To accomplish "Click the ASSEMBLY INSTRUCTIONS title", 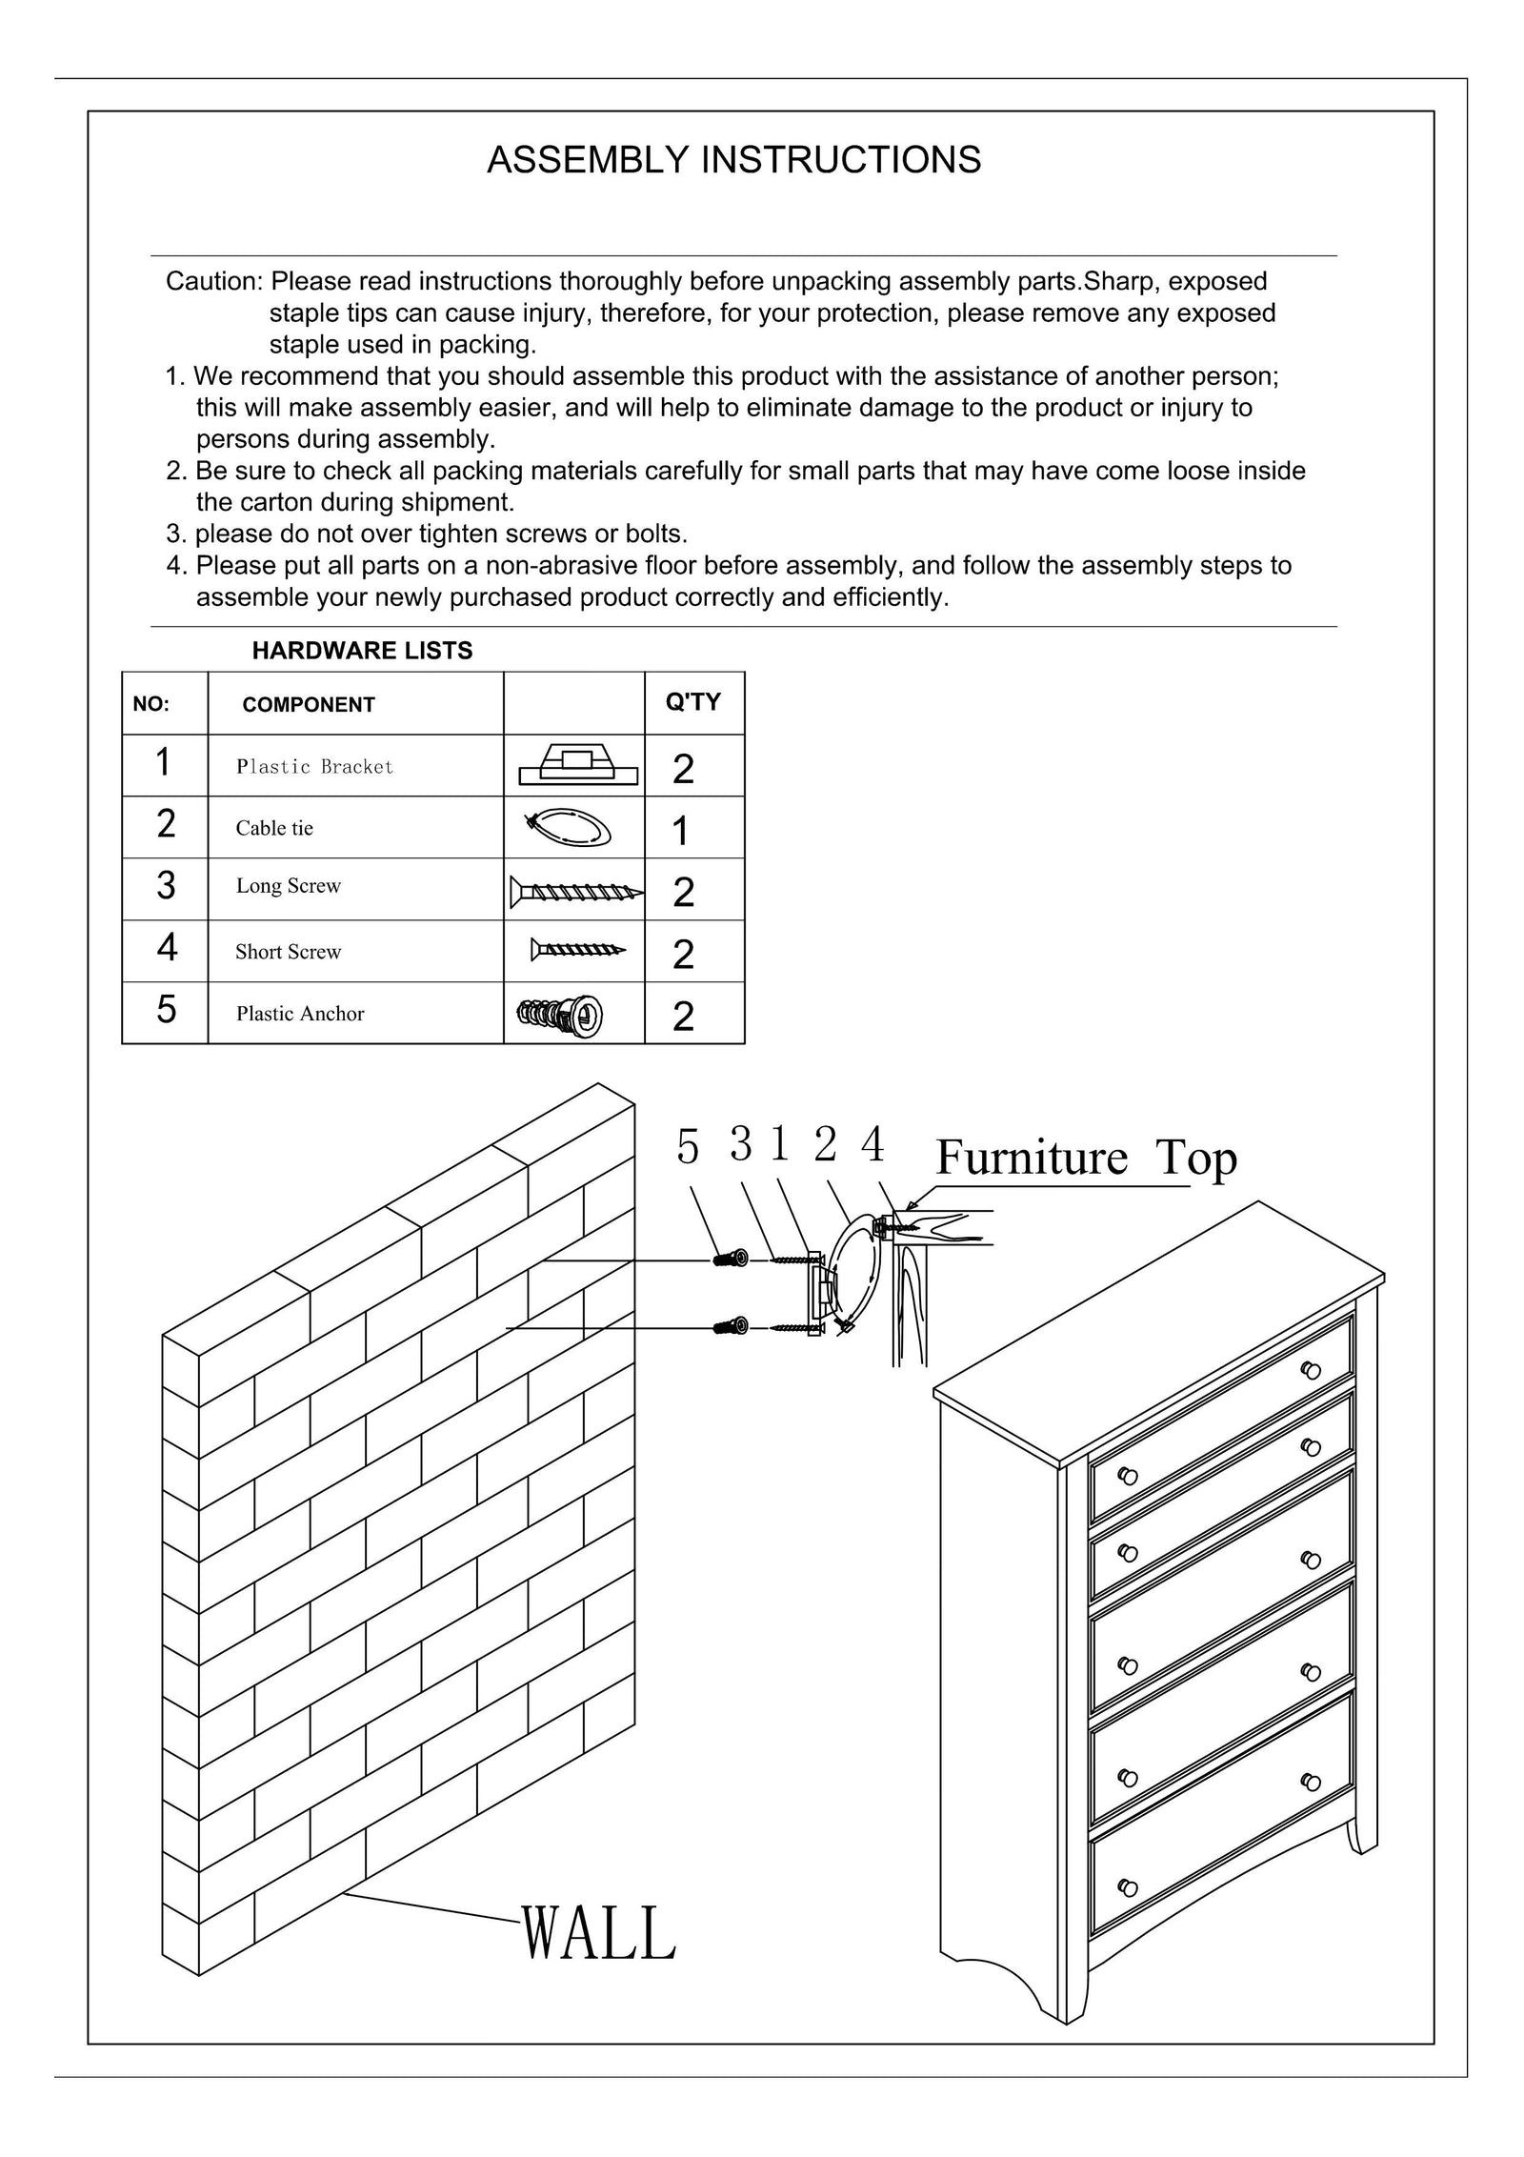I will point(733,160).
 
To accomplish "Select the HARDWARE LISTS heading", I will point(362,651).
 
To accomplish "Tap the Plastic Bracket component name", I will point(314,767).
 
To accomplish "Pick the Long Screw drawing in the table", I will point(575,892).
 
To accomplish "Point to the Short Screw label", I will point(288,952).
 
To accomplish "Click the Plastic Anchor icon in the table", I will point(560,1016).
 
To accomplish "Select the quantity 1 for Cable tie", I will point(680,831).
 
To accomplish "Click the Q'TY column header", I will point(692,702).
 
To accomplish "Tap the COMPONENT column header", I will point(309,705).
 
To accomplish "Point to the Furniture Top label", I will point(1086,1159).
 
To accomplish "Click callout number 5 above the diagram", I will point(688,1147).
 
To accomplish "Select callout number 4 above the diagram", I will point(872,1144).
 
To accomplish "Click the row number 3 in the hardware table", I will point(166,886).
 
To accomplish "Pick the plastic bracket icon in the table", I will point(577,764).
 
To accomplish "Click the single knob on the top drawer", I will point(1311,1370).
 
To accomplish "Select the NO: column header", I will point(150,705).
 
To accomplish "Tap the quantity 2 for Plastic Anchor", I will point(683,1017).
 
